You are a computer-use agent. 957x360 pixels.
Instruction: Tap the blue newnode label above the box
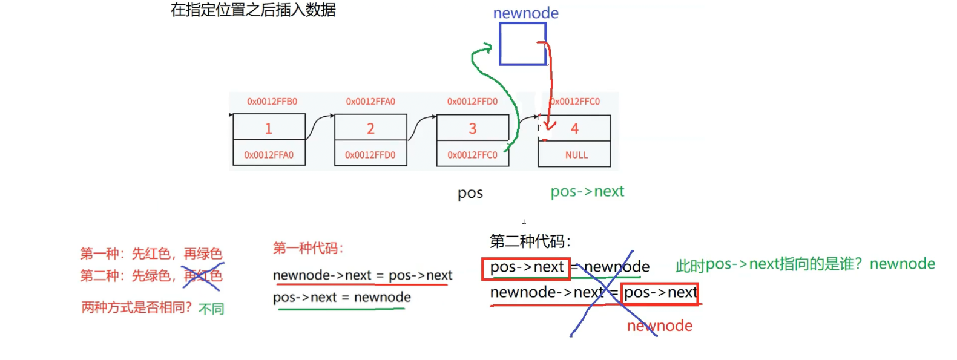(525, 13)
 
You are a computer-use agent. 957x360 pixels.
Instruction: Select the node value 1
(269, 128)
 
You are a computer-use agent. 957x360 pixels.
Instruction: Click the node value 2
(370, 128)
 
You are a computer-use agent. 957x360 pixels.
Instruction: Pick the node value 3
(473, 128)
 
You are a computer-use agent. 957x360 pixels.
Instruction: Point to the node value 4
(574, 128)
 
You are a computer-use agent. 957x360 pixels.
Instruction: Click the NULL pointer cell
(576, 155)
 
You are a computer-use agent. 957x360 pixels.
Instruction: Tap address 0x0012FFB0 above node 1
(272, 102)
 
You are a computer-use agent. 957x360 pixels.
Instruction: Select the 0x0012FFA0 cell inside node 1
(269, 155)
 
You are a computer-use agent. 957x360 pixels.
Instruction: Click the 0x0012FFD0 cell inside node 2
(370, 155)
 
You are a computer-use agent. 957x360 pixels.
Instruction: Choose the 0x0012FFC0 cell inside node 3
(473, 155)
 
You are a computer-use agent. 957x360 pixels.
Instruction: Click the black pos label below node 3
(470, 193)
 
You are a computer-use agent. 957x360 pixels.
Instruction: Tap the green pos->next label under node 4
(587, 192)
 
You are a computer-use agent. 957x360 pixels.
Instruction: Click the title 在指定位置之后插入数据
(253, 10)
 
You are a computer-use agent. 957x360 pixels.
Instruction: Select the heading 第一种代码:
(308, 248)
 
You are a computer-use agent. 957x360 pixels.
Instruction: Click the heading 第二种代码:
(530, 241)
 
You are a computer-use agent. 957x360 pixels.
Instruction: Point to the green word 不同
(211, 309)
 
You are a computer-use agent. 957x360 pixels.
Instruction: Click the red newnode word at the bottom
(659, 326)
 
